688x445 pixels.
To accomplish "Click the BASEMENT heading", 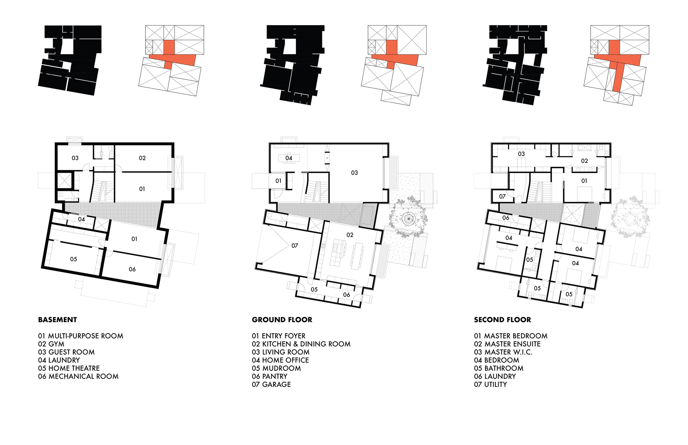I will pyautogui.click(x=57, y=320).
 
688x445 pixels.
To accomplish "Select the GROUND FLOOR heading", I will pyautogui.click(x=282, y=320).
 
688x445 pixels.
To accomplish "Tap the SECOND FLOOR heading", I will pyautogui.click(x=502, y=320).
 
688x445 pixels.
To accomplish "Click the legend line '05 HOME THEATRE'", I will pyautogui.click(x=69, y=368).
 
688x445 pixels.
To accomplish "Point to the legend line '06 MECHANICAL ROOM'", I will pyautogui.click(x=78, y=377).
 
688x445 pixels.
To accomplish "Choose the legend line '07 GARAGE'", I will pyautogui.click(x=271, y=384).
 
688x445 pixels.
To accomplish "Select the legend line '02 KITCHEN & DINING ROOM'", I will pyautogui.click(x=301, y=344).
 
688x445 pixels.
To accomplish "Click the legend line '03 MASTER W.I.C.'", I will pyautogui.click(x=503, y=352).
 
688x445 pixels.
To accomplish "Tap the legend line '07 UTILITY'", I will pyautogui.click(x=490, y=384).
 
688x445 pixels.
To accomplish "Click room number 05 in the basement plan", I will pyautogui.click(x=74, y=259).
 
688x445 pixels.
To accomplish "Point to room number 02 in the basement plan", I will pyautogui.click(x=142, y=158).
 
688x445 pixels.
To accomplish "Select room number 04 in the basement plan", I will pyautogui.click(x=82, y=219).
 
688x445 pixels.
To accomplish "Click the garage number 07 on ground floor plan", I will pyautogui.click(x=295, y=246).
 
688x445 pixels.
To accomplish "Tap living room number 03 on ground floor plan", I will pyautogui.click(x=354, y=173).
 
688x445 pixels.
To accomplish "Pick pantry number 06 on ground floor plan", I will pyautogui.click(x=346, y=295).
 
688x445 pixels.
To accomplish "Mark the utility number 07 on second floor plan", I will pyautogui.click(x=502, y=197).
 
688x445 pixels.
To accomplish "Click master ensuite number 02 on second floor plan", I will pyautogui.click(x=584, y=161).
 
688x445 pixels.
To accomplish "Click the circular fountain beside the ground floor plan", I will pyautogui.click(x=408, y=218).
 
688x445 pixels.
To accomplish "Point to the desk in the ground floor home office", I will pyautogui.click(x=289, y=158).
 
